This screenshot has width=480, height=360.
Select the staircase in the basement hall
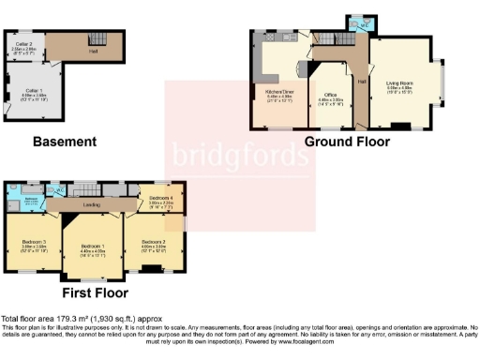point(94,38)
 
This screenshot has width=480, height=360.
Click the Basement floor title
point(64,142)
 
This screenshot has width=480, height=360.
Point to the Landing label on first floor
point(92,203)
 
